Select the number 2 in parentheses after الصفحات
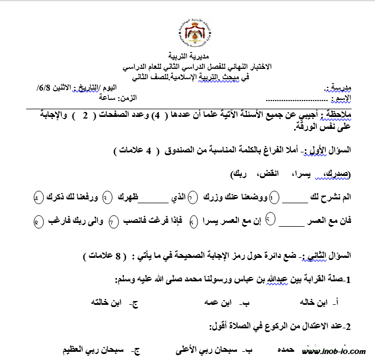(85, 115)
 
